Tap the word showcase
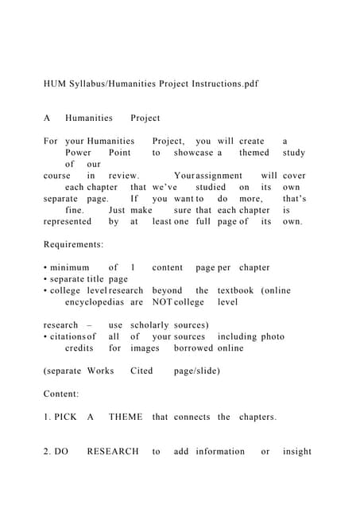(193, 152)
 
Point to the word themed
(254, 152)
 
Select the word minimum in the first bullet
(68, 267)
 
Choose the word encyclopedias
(95, 302)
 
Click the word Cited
(141, 371)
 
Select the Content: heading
(61, 394)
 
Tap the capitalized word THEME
(126, 417)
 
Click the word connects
(192, 417)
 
